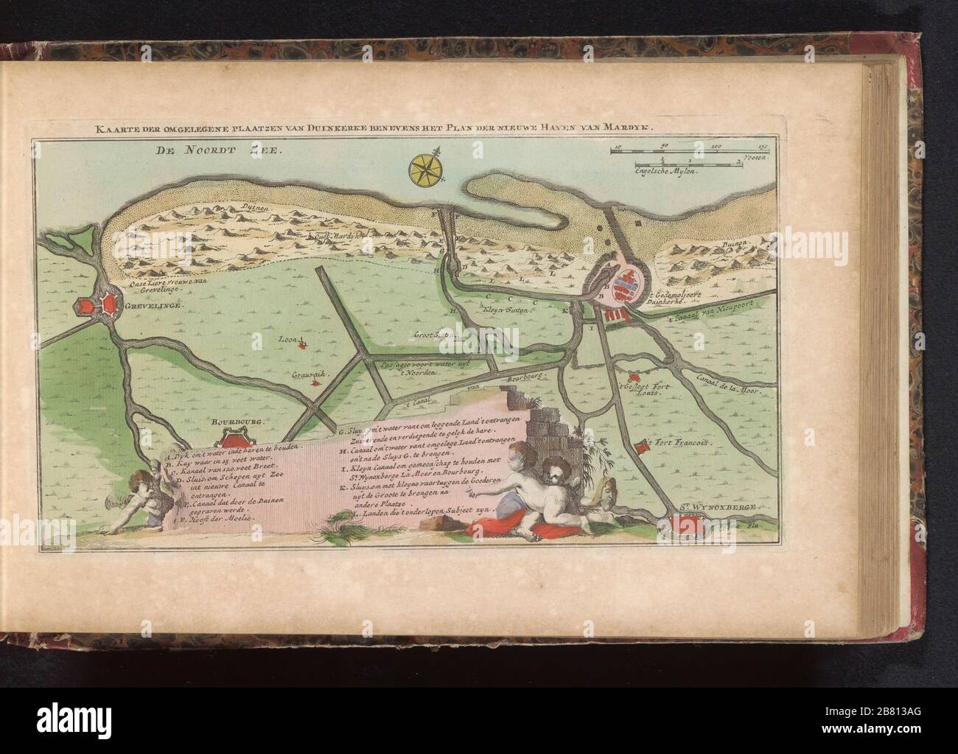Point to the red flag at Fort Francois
[x=646, y=444]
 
